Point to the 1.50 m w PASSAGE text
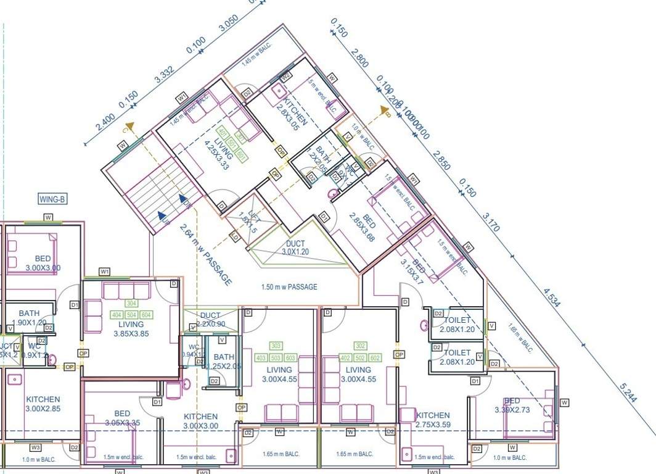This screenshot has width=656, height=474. coord(290,287)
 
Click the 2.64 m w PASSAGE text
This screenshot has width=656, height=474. coord(205,253)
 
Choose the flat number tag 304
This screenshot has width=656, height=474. coord(131,304)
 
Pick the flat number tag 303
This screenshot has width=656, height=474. coord(276,346)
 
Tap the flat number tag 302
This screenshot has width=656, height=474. coord(361,346)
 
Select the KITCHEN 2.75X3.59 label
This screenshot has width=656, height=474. coord(433,420)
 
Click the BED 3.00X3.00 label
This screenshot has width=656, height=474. coord(43,263)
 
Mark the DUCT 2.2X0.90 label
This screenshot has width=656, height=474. coord(210,320)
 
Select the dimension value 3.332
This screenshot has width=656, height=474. coord(164,76)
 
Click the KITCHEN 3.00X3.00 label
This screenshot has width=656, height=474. coord(200,421)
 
